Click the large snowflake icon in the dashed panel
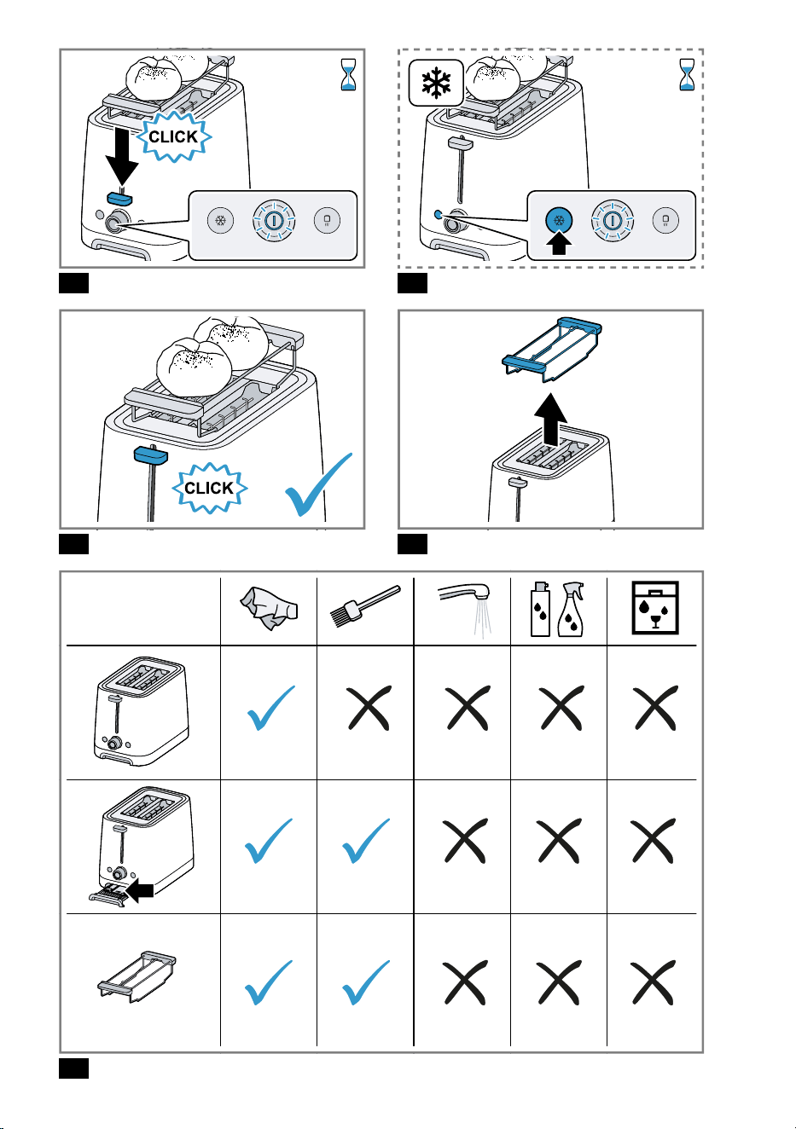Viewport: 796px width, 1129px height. (436, 84)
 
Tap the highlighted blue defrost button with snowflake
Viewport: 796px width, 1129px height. (559, 220)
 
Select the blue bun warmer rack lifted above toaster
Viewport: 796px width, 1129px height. (552, 349)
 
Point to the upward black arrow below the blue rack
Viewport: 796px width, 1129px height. (551, 420)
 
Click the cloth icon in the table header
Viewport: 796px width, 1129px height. (269, 608)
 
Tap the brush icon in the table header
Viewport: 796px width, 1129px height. (365, 605)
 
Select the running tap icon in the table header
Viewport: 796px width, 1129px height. (464, 609)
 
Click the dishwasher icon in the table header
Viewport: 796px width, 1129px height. (654, 607)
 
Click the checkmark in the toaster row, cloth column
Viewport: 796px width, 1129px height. (271, 708)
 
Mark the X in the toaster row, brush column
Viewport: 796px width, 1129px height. (369, 708)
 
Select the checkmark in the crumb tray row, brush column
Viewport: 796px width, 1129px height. (366, 841)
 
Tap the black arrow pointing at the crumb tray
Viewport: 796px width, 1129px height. (139, 890)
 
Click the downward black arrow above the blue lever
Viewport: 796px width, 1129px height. (121, 156)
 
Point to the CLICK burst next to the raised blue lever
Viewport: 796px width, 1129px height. (209, 488)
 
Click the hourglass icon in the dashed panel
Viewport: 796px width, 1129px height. (687, 74)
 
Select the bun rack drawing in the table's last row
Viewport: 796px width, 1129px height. (137, 976)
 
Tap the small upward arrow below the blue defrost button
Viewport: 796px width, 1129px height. (559, 243)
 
